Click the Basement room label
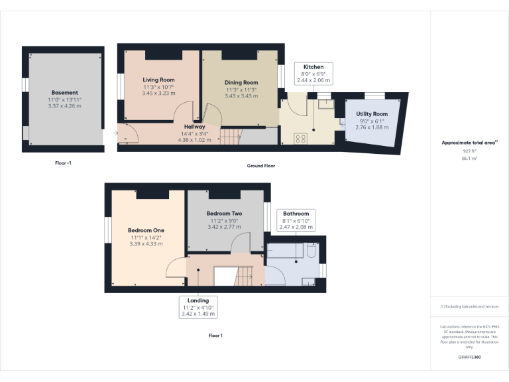[64, 93]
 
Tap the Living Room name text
[158, 80]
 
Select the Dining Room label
[241, 82]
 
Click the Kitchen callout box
[313, 73]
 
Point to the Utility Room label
[372, 115]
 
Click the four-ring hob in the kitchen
[300, 139]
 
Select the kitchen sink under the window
[324, 105]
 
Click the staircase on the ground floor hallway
[229, 137]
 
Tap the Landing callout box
[198, 306]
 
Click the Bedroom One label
[146, 231]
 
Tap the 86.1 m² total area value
[469, 158]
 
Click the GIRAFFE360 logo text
[469, 357]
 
